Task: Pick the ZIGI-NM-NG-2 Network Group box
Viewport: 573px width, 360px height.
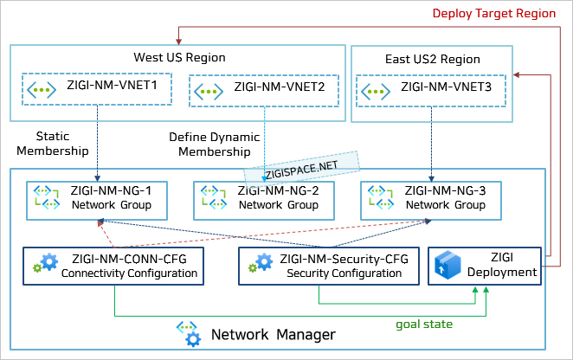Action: (263, 198)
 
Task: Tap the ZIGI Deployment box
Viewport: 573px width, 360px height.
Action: (486, 266)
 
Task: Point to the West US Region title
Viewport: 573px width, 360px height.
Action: (179, 58)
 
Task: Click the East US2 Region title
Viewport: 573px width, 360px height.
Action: (433, 60)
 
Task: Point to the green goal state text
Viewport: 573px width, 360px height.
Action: (425, 324)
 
